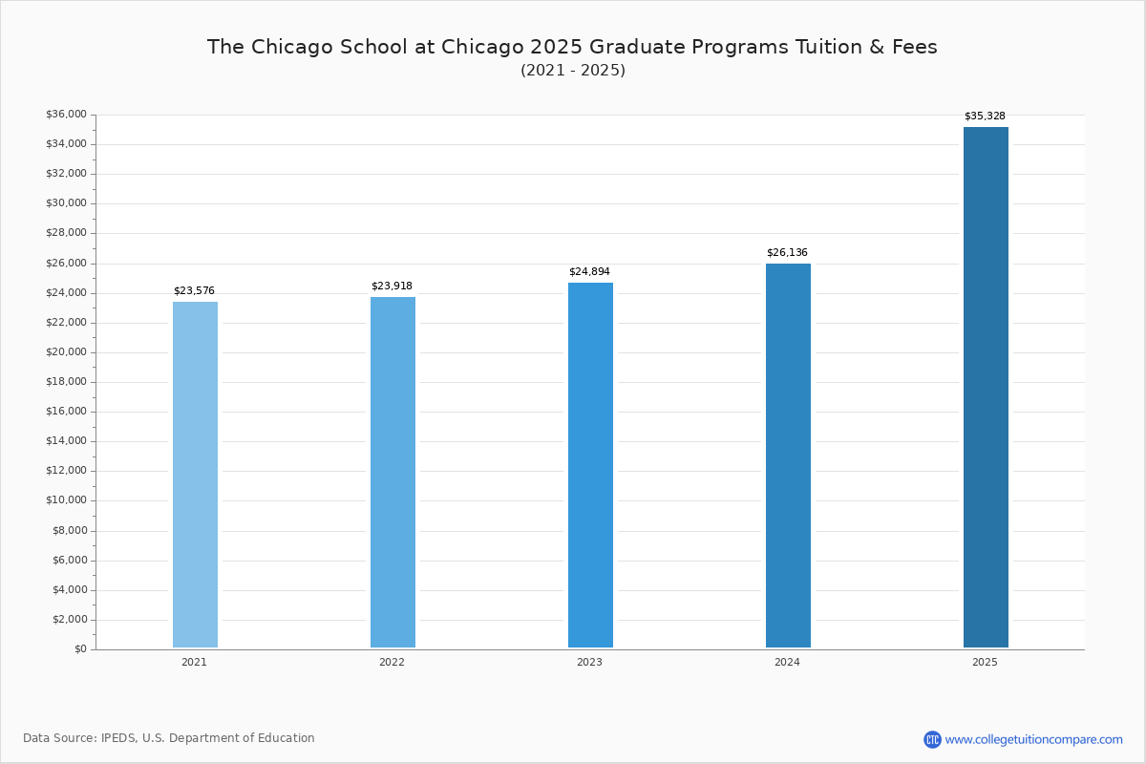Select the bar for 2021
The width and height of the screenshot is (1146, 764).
[x=195, y=475]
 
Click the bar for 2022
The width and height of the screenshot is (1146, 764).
[x=393, y=472]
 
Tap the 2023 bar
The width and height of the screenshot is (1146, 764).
[x=590, y=465]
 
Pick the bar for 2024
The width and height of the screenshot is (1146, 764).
[x=788, y=456]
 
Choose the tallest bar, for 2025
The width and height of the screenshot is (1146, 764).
[x=986, y=387]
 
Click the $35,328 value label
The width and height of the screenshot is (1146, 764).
[x=985, y=117]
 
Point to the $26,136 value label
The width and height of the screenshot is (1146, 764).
[x=787, y=253]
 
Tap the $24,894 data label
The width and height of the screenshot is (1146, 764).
[x=589, y=272]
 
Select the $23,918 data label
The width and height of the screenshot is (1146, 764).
[x=392, y=286]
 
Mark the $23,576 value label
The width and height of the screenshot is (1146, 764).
[x=194, y=291]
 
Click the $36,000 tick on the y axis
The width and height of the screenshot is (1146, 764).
[x=66, y=115]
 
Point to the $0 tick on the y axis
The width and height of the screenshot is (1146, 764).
[x=79, y=649]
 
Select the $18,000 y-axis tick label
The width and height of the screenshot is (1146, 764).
[x=66, y=382]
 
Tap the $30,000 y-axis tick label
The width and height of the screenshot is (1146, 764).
[x=66, y=203]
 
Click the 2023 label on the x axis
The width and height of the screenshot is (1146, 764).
[x=589, y=663]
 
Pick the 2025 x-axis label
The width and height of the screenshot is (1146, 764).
[x=985, y=663]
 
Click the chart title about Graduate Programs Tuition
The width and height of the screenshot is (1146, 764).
[x=572, y=47]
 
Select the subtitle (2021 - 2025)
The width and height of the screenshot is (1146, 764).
[x=572, y=71]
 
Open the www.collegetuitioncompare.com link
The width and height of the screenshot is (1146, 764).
[x=1033, y=739]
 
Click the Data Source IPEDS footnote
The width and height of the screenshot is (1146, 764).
[x=169, y=738]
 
